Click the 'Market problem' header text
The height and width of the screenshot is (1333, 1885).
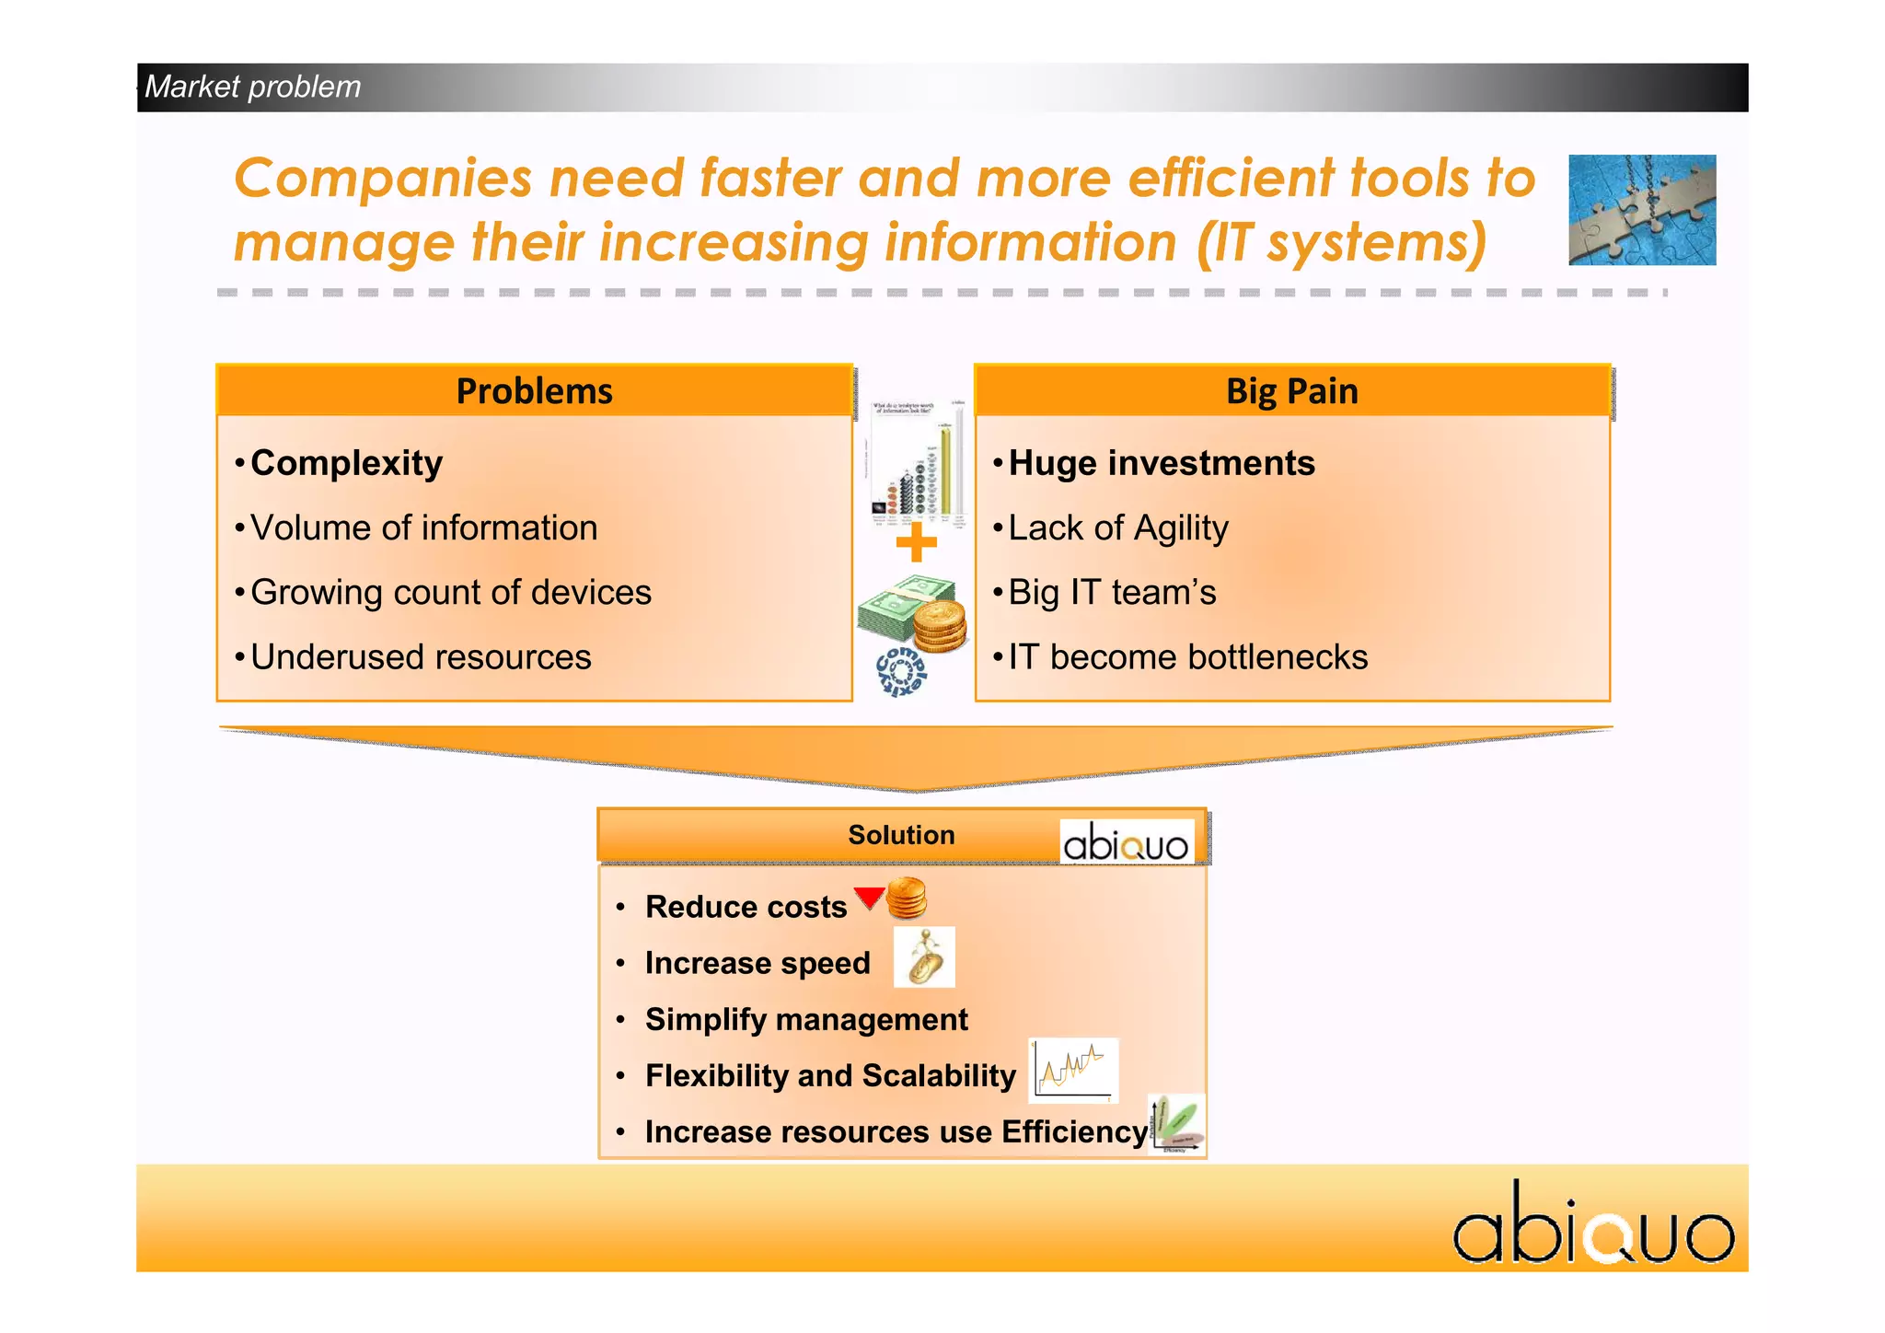point(252,87)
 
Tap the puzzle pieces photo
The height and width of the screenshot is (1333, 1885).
point(1641,210)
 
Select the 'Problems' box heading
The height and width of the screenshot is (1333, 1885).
point(534,391)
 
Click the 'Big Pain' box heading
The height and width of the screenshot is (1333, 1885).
point(1291,391)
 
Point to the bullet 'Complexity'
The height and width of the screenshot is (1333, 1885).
point(346,463)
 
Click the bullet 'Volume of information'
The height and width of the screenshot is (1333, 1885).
point(423,528)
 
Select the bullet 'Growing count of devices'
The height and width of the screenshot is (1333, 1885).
point(450,593)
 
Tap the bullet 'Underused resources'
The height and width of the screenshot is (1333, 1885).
point(421,657)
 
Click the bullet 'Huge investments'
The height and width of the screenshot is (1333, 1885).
point(1161,463)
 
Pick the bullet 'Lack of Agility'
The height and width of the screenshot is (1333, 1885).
point(1117,528)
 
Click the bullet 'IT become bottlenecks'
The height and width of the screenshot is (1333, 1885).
point(1187,657)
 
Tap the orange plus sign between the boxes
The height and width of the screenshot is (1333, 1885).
point(916,543)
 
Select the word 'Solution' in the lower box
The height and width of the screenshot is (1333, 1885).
point(901,835)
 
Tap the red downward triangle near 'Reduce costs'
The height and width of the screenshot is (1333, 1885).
point(868,897)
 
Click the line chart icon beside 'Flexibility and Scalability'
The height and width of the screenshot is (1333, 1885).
point(1073,1070)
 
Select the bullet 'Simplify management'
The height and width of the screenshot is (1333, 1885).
point(806,1020)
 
